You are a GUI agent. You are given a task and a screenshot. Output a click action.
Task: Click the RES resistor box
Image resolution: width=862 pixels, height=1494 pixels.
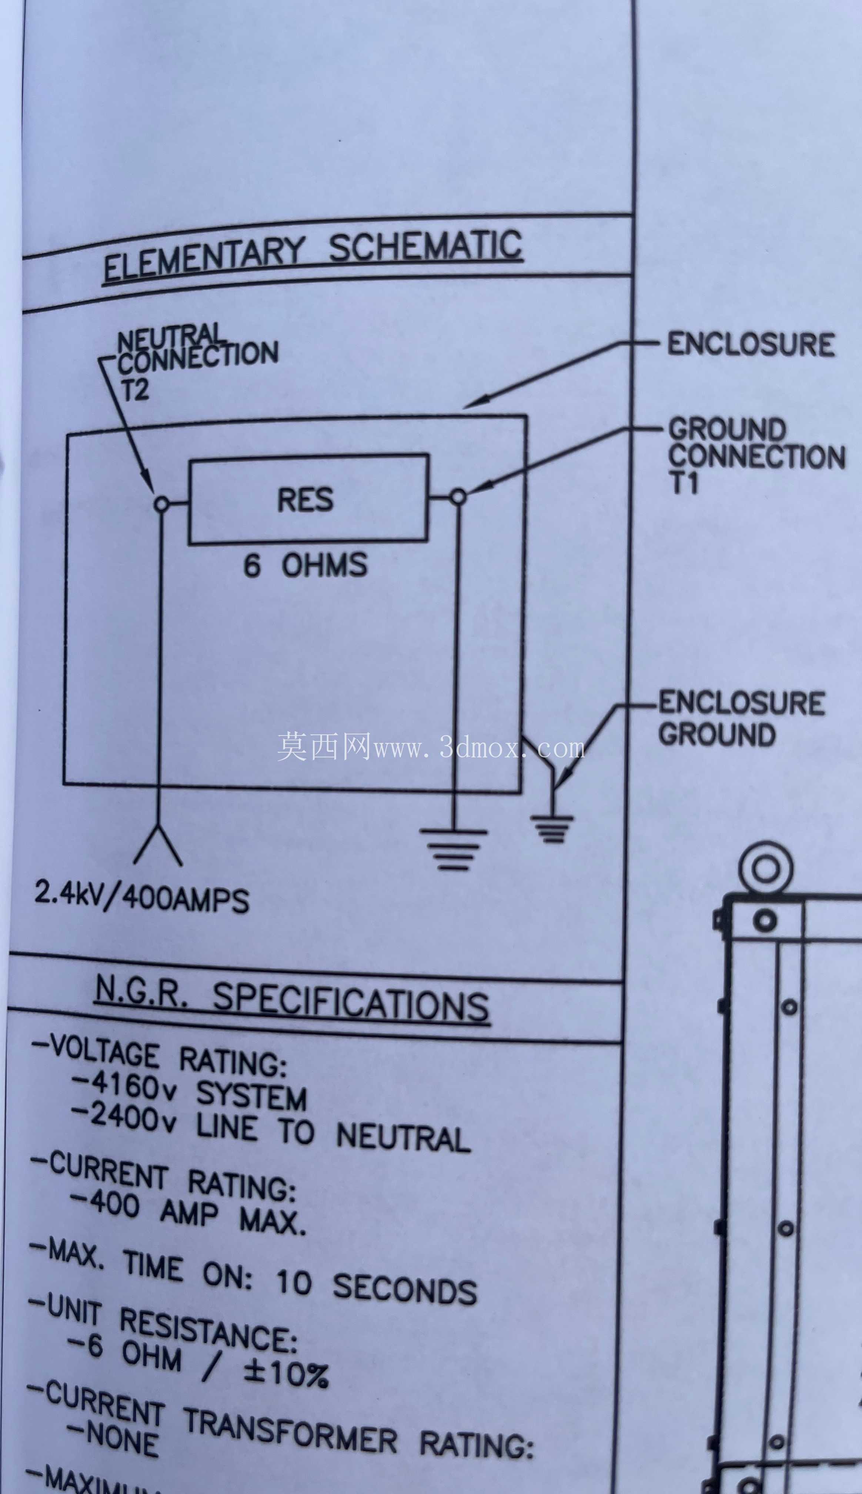pos(308,498)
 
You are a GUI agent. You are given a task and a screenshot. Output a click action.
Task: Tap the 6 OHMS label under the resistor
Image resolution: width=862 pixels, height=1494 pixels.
pos(305,565)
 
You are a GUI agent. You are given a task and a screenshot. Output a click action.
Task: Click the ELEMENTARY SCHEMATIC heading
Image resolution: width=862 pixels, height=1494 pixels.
pos(313,256)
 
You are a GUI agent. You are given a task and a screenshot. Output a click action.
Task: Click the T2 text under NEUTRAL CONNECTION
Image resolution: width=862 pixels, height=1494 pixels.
pos(135,390)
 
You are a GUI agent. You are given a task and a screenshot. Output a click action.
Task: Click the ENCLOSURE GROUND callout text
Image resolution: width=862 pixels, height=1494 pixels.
pos(741,718)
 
